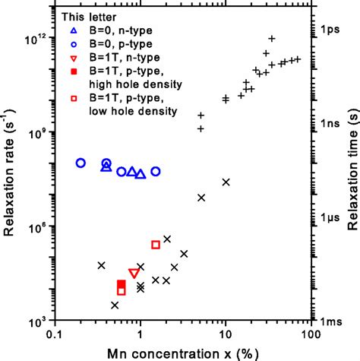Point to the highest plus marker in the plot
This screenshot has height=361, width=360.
(271, 39)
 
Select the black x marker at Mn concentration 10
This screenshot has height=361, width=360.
(226, 182)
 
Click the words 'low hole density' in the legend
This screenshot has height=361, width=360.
(134, 112)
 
